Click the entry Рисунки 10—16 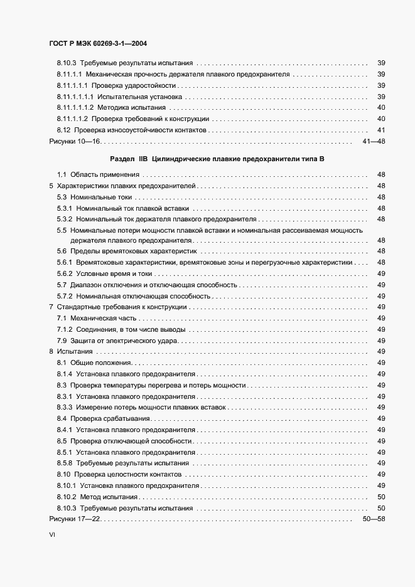pos(75,142)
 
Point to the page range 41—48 pos(374,142)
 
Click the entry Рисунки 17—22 pos(75,520)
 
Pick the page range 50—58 pos(374,520)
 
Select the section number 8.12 pos(63,130)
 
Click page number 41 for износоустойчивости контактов pos(380,130)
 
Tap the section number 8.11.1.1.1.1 pos(75,97)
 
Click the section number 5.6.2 pos(65,274)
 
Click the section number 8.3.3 pos(65,408)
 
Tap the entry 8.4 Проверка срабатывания pos(103,418)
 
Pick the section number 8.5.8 pos(65,463)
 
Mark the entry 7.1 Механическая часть pos(101,319)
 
